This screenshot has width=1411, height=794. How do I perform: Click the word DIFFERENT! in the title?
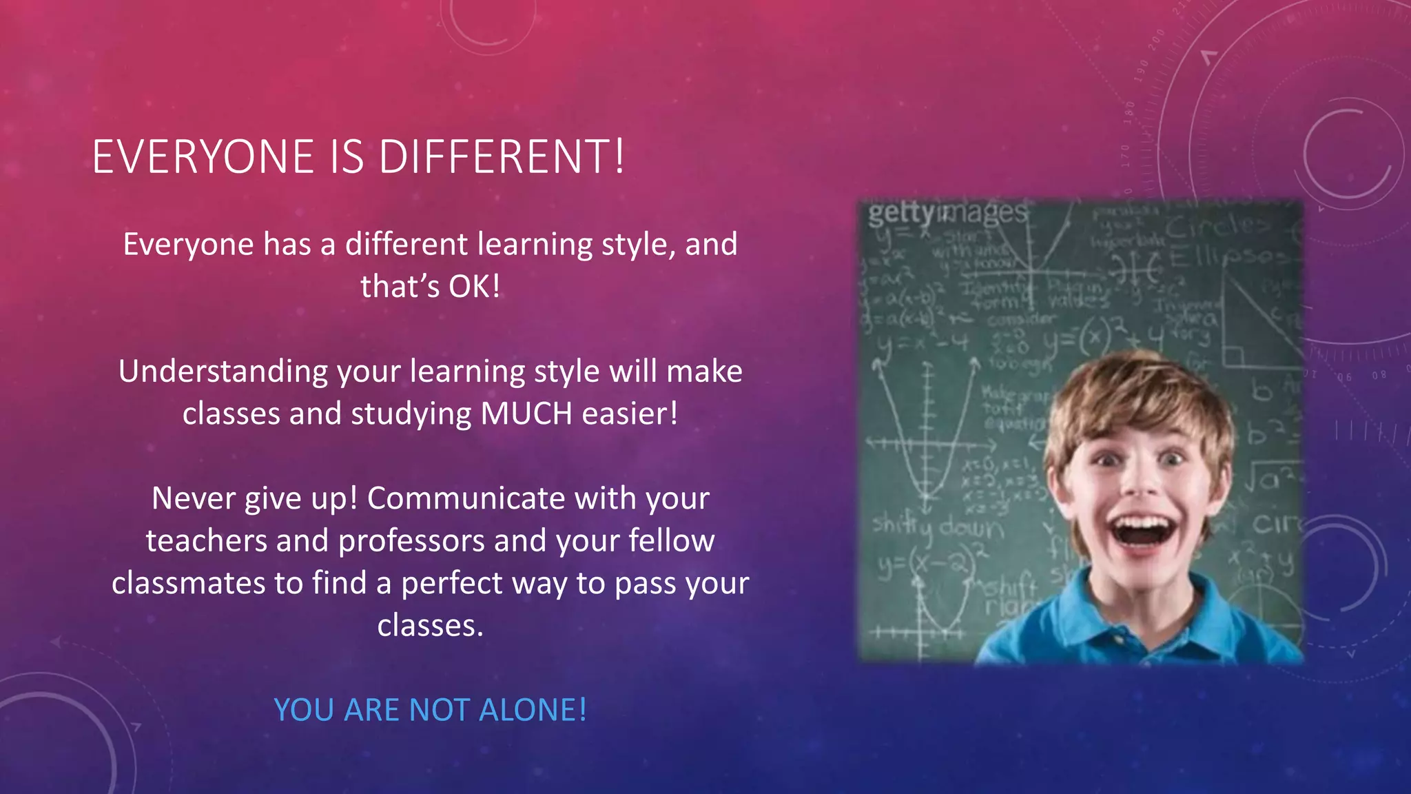coord(502,156)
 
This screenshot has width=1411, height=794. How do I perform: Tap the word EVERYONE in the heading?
coord(203,156)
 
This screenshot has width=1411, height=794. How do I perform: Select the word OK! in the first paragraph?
coord(474,286)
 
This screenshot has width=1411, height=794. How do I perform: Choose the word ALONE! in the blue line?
coord(533,710)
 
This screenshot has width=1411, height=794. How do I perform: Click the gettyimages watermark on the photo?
coord(947,213)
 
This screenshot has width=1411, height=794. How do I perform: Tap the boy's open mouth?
coord(1142,531)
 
